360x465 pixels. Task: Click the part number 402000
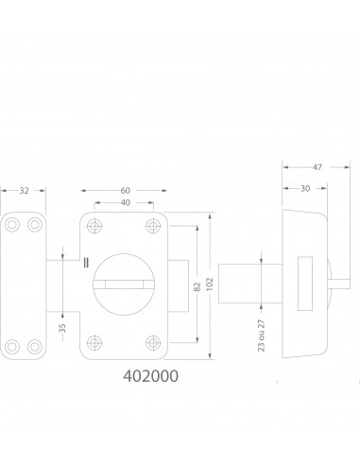[x=150, y=376]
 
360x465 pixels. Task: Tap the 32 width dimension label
[x=25, y=191]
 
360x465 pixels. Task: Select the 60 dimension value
[x=125, y=191]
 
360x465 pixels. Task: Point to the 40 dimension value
[x=125, y=202]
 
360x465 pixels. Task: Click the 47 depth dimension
[x=317, y=167]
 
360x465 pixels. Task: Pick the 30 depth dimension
[x=305, y=188]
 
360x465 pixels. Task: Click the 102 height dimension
[x=210, y=284]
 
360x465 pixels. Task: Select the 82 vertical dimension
[x=197, y=286]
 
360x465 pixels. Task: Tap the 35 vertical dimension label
[x=62, y=328]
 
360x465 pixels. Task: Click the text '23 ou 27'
[x=261, y=336]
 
